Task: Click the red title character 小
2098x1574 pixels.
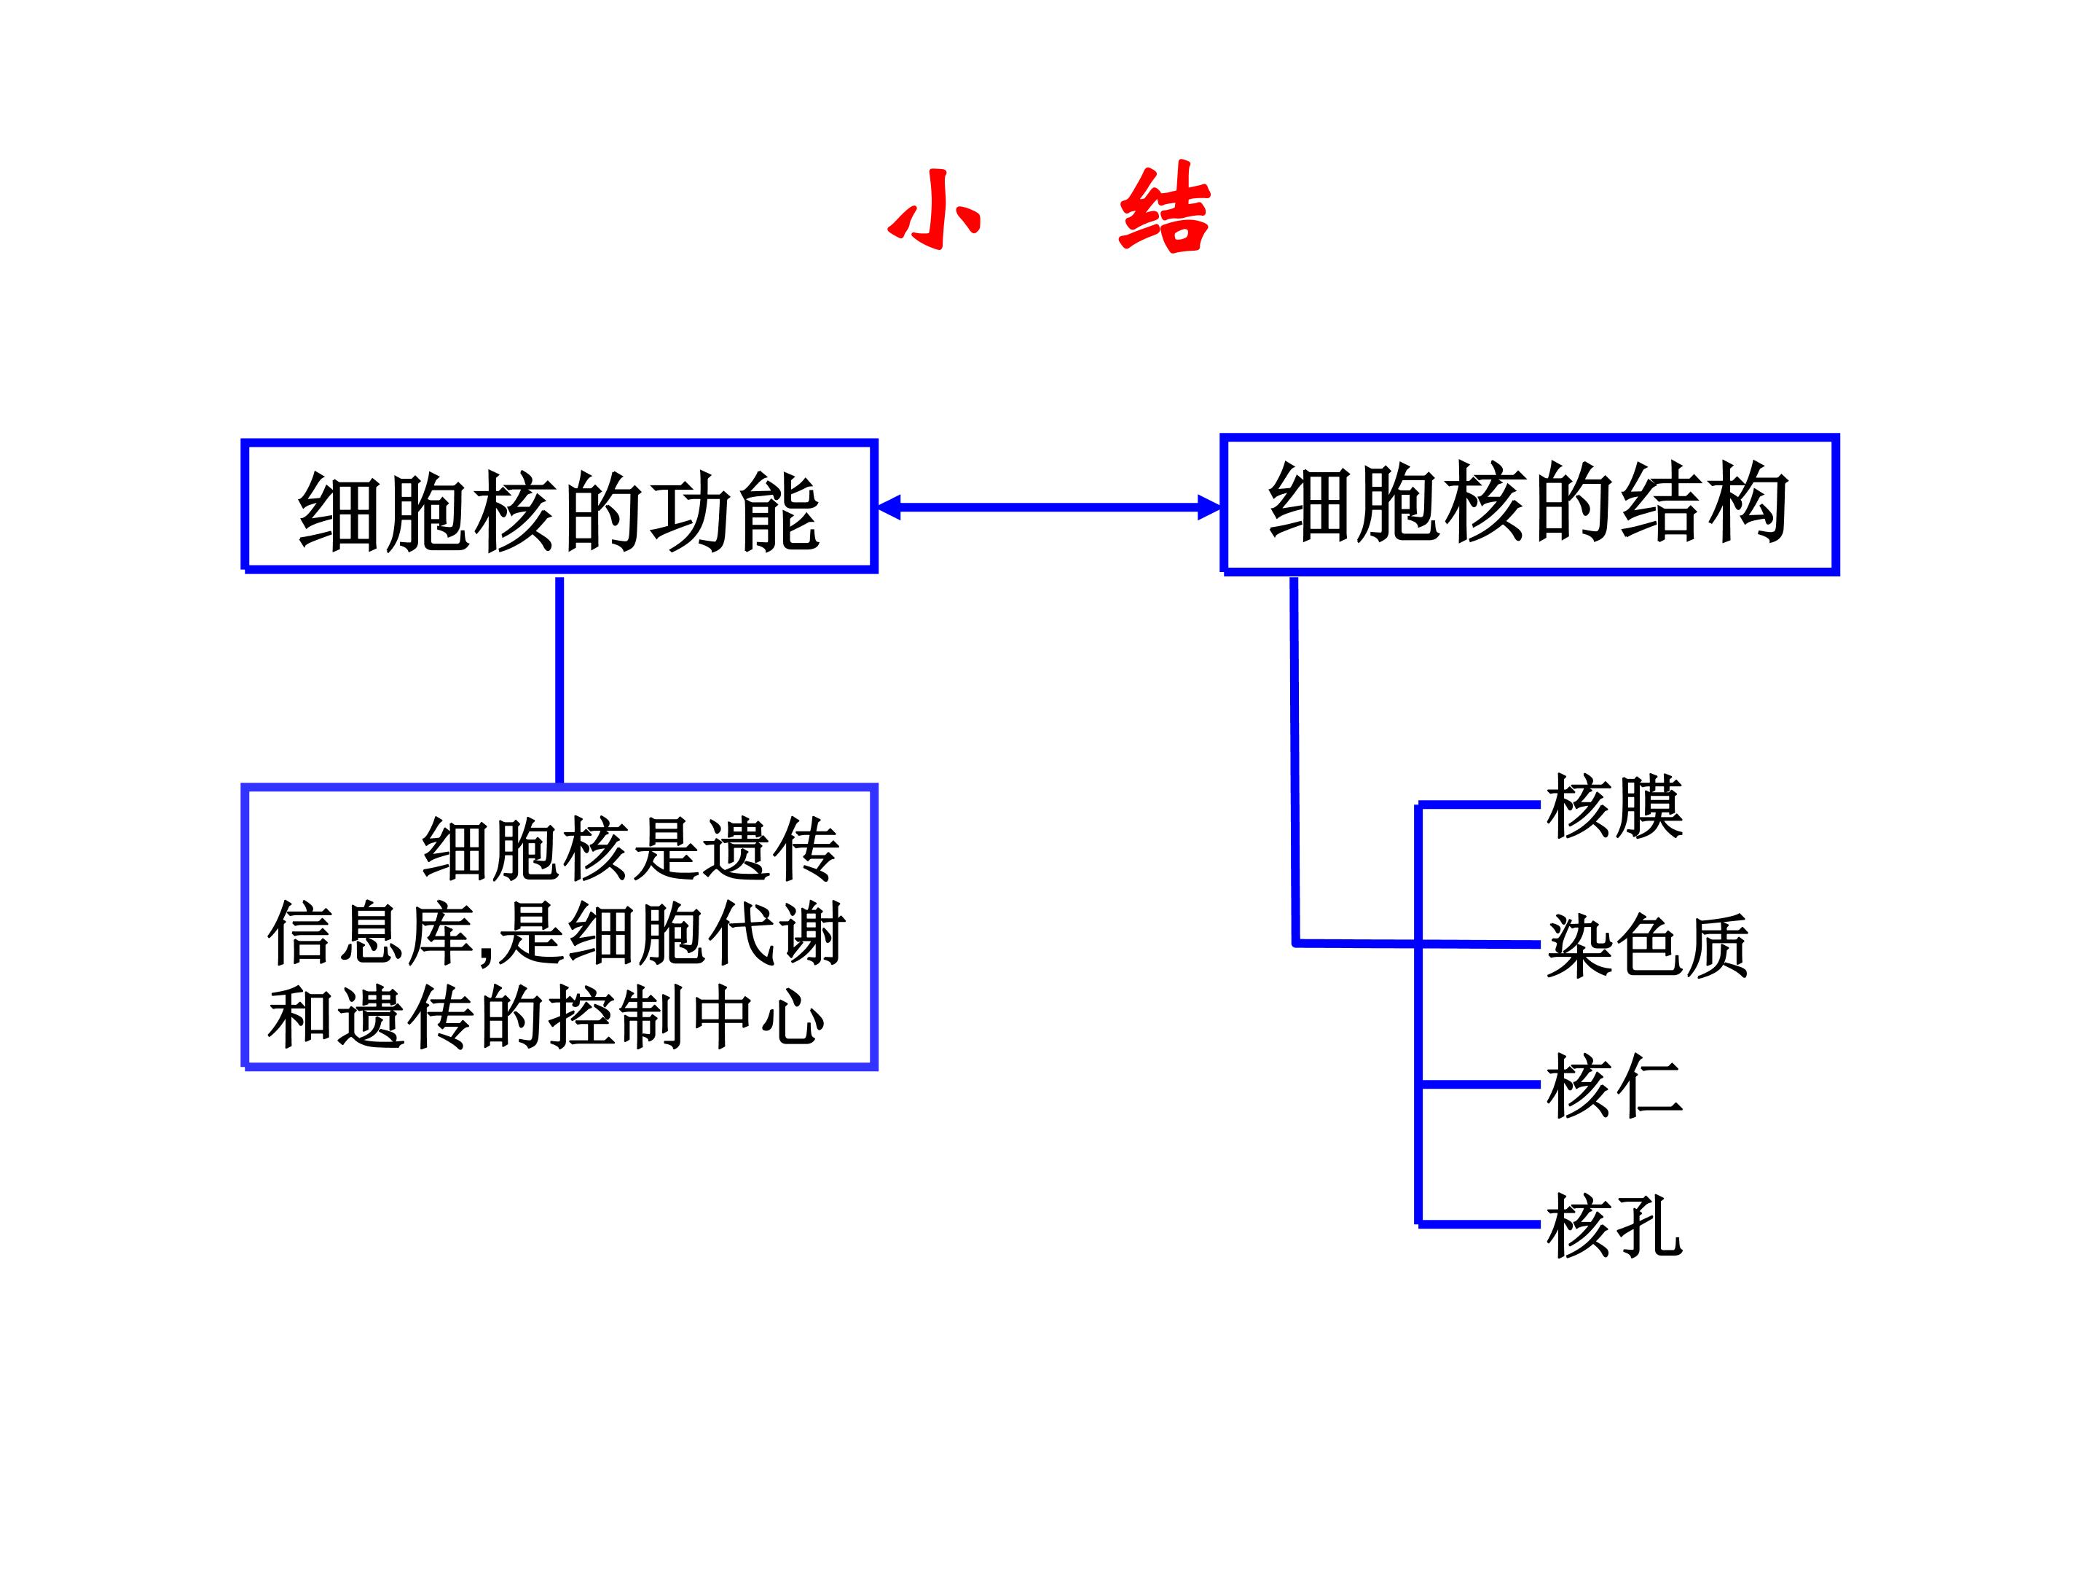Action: pos(934,210)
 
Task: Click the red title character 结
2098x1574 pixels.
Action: pos(1165,208)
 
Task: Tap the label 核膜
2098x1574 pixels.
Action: pos(1614,807)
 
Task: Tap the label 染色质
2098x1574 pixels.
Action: pos(1648,946)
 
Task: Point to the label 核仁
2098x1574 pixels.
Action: pos(1614,1086)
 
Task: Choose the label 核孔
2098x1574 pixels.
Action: pos(1614,1226)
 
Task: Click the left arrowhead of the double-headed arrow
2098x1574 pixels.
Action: pos(889,508)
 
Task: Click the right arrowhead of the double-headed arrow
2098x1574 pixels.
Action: pos(1209,508)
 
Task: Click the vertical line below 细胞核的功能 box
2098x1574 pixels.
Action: pos(559,681)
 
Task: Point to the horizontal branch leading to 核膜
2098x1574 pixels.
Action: pos(1480,804)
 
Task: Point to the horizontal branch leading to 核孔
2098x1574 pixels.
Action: pos(1480,1225)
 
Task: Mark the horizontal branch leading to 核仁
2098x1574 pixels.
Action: pos(1480,1084)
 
